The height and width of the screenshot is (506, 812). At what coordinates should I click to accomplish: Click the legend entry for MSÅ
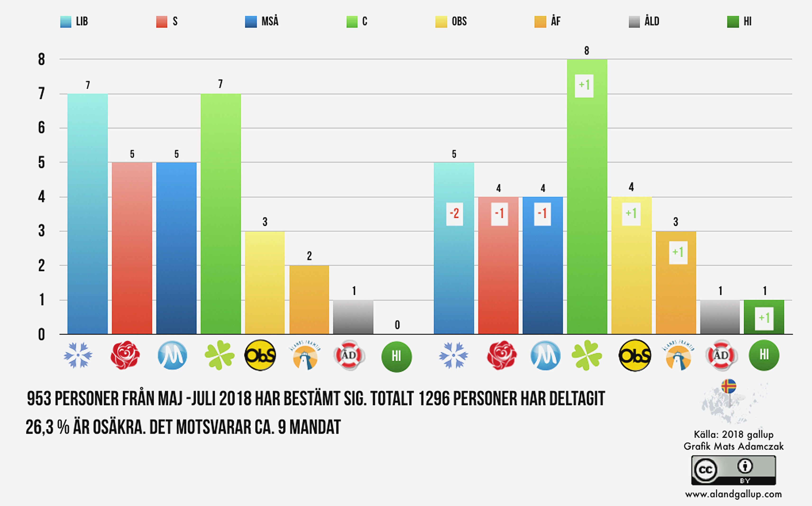(x=262, y=21)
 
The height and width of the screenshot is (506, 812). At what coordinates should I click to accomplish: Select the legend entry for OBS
(x=451, y=21)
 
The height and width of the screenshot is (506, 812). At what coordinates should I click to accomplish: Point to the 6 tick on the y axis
(x=41, y=128)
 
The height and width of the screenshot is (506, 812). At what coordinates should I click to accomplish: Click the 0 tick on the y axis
(x=41, y=334)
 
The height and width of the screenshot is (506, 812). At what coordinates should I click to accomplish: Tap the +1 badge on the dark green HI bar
(x=764, y=318)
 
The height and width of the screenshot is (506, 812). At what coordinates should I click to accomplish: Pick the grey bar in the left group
(x=353, y=317)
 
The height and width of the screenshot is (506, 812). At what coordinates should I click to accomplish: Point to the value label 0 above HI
(x=397, y=325)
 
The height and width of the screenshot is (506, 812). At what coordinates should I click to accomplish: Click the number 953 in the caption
(x=39, y=399)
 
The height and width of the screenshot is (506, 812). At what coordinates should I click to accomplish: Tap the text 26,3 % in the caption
(x=47, y=427)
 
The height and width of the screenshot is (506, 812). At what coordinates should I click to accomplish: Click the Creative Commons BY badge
(x=733, y=470)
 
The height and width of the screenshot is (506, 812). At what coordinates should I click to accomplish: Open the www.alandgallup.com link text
(x=733, y=494)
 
